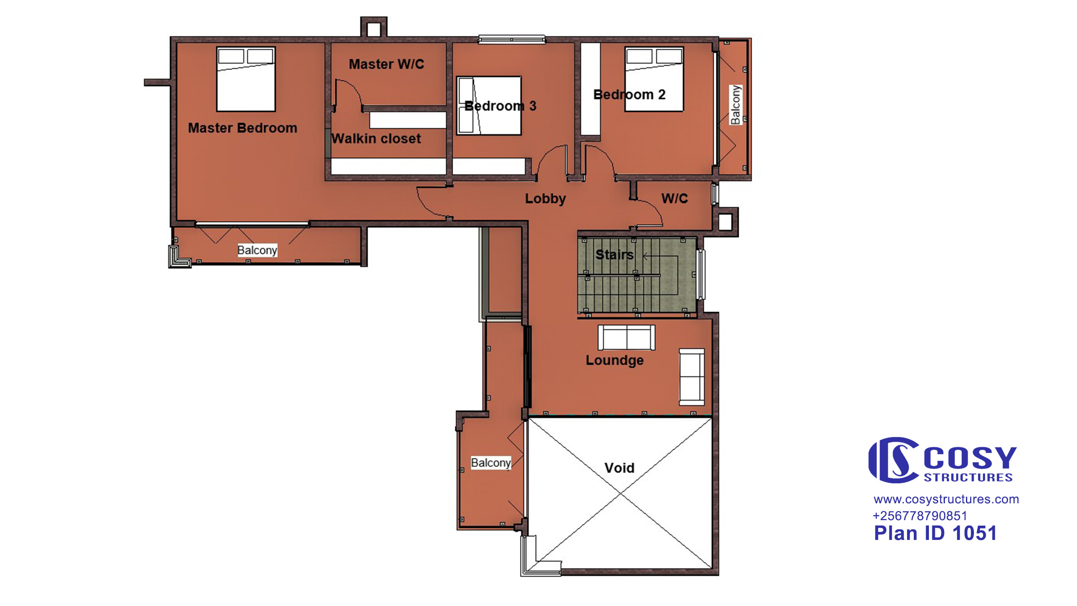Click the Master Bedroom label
242,128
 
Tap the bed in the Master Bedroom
246,79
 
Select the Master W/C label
386,64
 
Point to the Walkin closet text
376,138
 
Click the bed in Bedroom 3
489,106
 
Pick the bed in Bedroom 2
654,79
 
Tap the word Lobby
545,199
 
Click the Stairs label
614,255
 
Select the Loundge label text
615,360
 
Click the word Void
619,468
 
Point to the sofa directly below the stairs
626,338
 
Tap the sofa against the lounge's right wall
692,377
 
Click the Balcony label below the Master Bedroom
257,250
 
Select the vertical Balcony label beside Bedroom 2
735,105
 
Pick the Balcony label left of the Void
491,463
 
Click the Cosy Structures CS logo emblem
894,460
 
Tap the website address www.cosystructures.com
946,500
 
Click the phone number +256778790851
920,516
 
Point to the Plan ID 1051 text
935,533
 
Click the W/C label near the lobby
674,198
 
